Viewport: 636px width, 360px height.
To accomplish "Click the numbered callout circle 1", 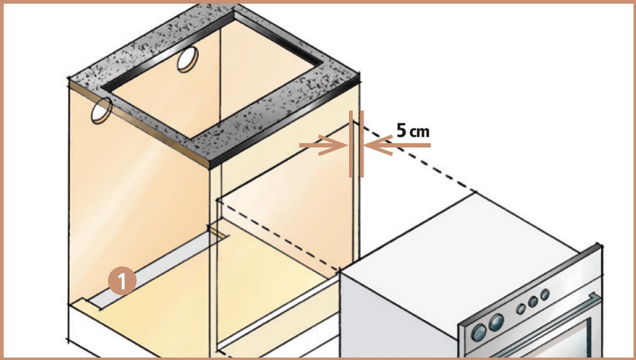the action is click(x=122, y=281).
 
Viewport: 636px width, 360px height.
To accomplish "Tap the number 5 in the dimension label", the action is click(x=401, y=130).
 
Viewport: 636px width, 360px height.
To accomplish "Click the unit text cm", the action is click(x=419, y=132).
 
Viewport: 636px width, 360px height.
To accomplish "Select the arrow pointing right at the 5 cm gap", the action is click(x=323, y=145).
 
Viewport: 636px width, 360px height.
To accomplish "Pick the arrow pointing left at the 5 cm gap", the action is click(x=397, y=145).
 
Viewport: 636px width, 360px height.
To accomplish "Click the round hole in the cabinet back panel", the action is click(x=188, y=59).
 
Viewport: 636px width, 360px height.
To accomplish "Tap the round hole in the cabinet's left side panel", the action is click(x=101, y=110).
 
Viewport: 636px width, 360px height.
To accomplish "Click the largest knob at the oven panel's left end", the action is click(x=479, y=332).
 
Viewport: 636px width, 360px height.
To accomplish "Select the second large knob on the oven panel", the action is click(x=496, y=322).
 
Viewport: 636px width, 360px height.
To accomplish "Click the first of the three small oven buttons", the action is click(x=521, y=309).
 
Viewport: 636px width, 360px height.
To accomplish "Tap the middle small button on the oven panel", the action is click(x=533, y=302).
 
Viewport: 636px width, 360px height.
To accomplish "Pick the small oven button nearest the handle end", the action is click(x=545, y=294).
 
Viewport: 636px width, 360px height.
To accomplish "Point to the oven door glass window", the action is click(x=568, y=341).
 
